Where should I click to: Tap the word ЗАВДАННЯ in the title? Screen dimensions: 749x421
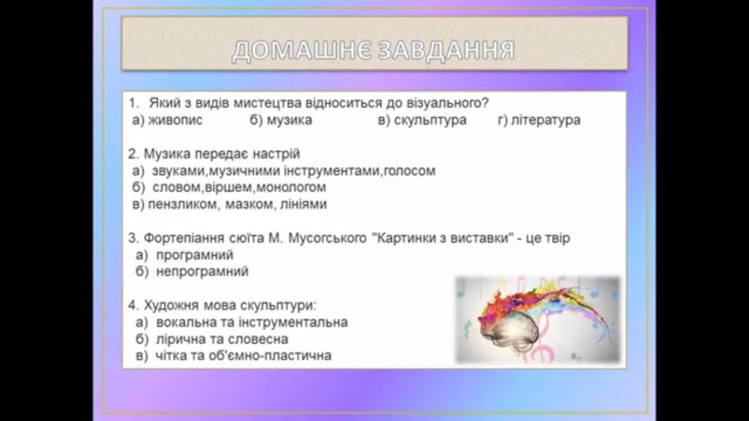[447, 51]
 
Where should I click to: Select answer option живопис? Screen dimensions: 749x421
[176, 120]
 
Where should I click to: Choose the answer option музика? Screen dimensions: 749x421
[289, 120]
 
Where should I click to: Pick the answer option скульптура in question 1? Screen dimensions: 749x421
[430, 120]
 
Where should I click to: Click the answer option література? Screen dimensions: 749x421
[546, 120]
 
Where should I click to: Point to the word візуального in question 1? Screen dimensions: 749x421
[447, 103]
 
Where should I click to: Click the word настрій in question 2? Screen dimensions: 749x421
[276, 154]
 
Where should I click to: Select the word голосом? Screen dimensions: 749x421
[410, 171]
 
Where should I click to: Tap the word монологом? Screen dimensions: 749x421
[291, 187]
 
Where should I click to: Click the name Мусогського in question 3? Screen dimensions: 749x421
[327, 239]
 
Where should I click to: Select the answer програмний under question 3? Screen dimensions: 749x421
[195, 255]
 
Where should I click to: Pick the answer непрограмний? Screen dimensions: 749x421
[202, 272]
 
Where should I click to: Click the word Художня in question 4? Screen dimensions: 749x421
[171, 305]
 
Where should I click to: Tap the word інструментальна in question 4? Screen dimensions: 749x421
[293, 322]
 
